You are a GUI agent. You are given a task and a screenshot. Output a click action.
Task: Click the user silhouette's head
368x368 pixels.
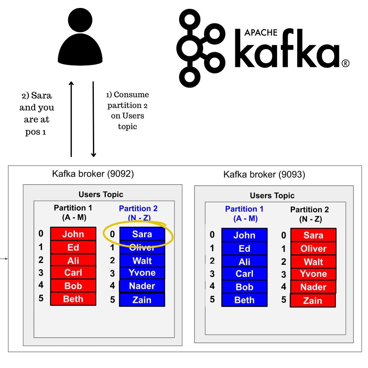pyautogui.click(x=80, y=20)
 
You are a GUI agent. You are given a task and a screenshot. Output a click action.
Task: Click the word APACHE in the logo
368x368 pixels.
pyautogui.click(x=261, y=33)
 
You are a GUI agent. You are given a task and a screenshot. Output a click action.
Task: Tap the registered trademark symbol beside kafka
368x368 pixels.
pyautogui.click(x=345, y=63)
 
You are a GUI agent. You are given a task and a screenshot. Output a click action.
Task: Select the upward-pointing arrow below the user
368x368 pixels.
pyautogui.click(x=71, y=120)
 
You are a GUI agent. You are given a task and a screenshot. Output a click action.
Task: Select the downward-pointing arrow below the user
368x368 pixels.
pyautogui.click(x=94, y=120)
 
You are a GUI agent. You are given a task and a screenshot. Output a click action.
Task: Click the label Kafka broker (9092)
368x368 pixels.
pyautogui.click(x=93, y=174)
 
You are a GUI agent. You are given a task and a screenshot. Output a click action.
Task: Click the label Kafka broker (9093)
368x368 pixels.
pyautogui.click(x=264, y=174)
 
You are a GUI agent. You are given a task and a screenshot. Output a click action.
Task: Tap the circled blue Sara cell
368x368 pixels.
pyautogui.click(x=142, y=234)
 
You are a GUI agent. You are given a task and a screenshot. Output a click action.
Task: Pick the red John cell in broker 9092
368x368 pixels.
pyautogui.click(x=73, y=234)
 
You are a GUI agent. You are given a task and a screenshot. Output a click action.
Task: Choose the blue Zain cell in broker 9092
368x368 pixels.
pyautogui.click(x=142, y=300)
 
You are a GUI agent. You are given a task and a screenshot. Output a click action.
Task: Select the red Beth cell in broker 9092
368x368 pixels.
pyautogui.click(x=73, y=299)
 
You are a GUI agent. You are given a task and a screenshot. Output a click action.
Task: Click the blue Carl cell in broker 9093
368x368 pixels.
pyautogui.click(x=244, y=274)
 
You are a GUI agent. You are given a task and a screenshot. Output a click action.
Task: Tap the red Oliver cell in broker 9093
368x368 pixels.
pyautogui.click(x=313, y=248)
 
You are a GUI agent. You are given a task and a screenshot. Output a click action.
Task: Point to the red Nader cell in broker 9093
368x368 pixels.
pyautogui.click(x=313, y=287)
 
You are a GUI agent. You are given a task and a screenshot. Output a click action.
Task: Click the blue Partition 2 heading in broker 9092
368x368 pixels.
pyautogui.click(x=138, y=209)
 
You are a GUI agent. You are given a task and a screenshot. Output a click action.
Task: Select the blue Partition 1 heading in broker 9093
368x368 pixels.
pyautogui.click(x=244, y=209)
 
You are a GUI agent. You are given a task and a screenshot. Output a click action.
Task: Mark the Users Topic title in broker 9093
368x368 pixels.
pyautogui.click(x=272, y=196)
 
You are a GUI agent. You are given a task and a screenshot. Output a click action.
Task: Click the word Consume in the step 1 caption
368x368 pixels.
pyautogui.click(x=131, y=95)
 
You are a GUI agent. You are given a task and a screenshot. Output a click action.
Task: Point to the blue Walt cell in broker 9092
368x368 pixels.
pyautogui.click(x=142, y=261)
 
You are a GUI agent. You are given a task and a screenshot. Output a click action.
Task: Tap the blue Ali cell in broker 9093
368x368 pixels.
pyautogui.click(x=244, y=262)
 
